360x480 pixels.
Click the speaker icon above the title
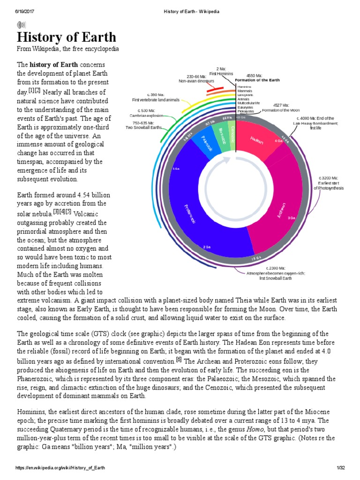[x=22, y=25]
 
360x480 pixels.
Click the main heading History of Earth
[x=67, y=37]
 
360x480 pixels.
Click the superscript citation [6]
[x=179, y=360]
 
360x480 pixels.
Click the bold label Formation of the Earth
[x=257, y=80]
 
